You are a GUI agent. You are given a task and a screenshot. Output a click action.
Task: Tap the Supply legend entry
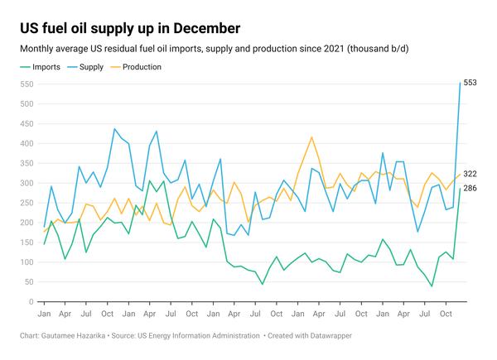tap(94, 67)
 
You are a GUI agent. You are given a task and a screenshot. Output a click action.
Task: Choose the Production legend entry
tap(142, 67)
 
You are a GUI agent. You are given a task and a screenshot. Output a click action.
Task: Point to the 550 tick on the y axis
tap(29, 84)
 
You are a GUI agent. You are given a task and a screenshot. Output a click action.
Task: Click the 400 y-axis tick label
tap(29, 144)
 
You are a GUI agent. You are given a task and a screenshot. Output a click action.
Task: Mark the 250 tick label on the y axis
tap(29, 204)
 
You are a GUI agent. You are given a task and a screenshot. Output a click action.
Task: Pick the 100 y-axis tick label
tap(29, 263)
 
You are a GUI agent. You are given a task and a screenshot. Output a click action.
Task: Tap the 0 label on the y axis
tap(34, 302)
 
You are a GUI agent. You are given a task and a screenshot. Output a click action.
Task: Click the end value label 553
tap(470, 83)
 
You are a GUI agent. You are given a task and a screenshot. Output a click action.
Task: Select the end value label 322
tap(470, 174)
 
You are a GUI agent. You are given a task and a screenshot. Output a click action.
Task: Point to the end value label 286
tap(470, 189)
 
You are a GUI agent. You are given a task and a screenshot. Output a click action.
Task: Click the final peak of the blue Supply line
tap(461, 83)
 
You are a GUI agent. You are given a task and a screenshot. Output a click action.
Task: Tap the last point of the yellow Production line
tap(461, 174)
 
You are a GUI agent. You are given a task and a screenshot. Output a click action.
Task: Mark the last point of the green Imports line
tap(461, 189)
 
